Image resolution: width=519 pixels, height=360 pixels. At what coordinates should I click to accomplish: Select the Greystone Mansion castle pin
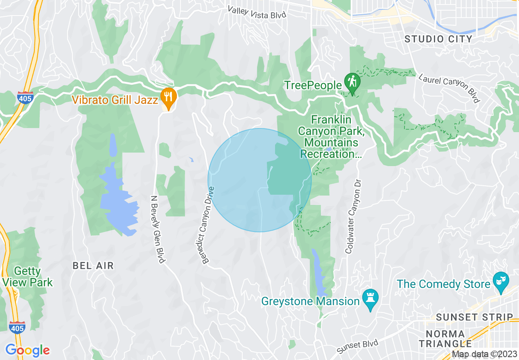click(370, 300)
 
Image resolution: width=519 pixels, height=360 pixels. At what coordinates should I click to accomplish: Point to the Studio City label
click(438, 39)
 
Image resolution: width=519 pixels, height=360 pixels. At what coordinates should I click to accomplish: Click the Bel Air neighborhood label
click(93, 265)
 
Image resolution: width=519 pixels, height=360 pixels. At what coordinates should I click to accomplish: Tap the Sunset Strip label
click(474, 317)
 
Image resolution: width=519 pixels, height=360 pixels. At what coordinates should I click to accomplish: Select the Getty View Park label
click(27, 277)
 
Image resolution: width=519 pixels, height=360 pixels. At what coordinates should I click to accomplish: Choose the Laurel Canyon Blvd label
click(449, 88)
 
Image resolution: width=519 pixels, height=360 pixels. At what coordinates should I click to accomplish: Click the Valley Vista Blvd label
click(257, 12)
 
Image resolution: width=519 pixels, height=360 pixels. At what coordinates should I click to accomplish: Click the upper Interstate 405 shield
click(25, 98)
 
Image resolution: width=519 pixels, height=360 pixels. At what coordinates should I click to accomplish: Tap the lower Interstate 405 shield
click(17, 327)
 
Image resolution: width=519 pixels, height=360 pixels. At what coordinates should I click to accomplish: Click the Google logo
click(28, 350)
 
